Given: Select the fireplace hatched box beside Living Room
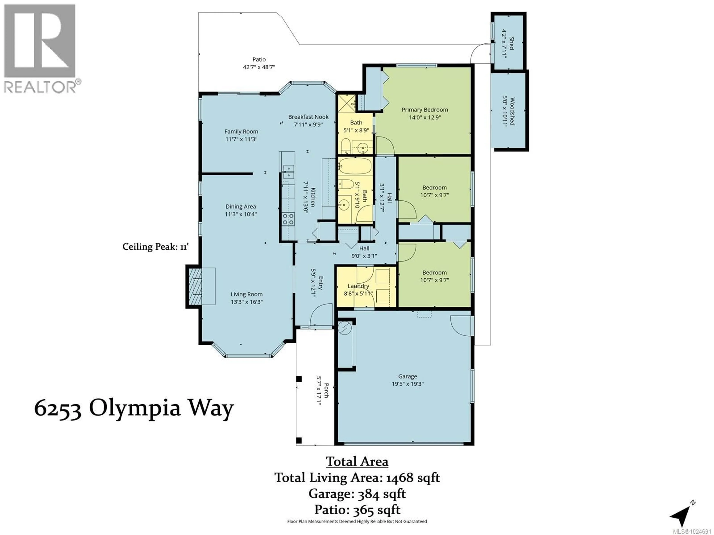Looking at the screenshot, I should click(195, 286).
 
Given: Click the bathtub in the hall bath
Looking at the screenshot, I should click(355, 166).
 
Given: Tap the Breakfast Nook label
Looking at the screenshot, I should click(308, 117).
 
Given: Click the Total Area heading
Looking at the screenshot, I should click(357, 461).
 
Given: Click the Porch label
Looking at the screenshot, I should click(326, 390).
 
